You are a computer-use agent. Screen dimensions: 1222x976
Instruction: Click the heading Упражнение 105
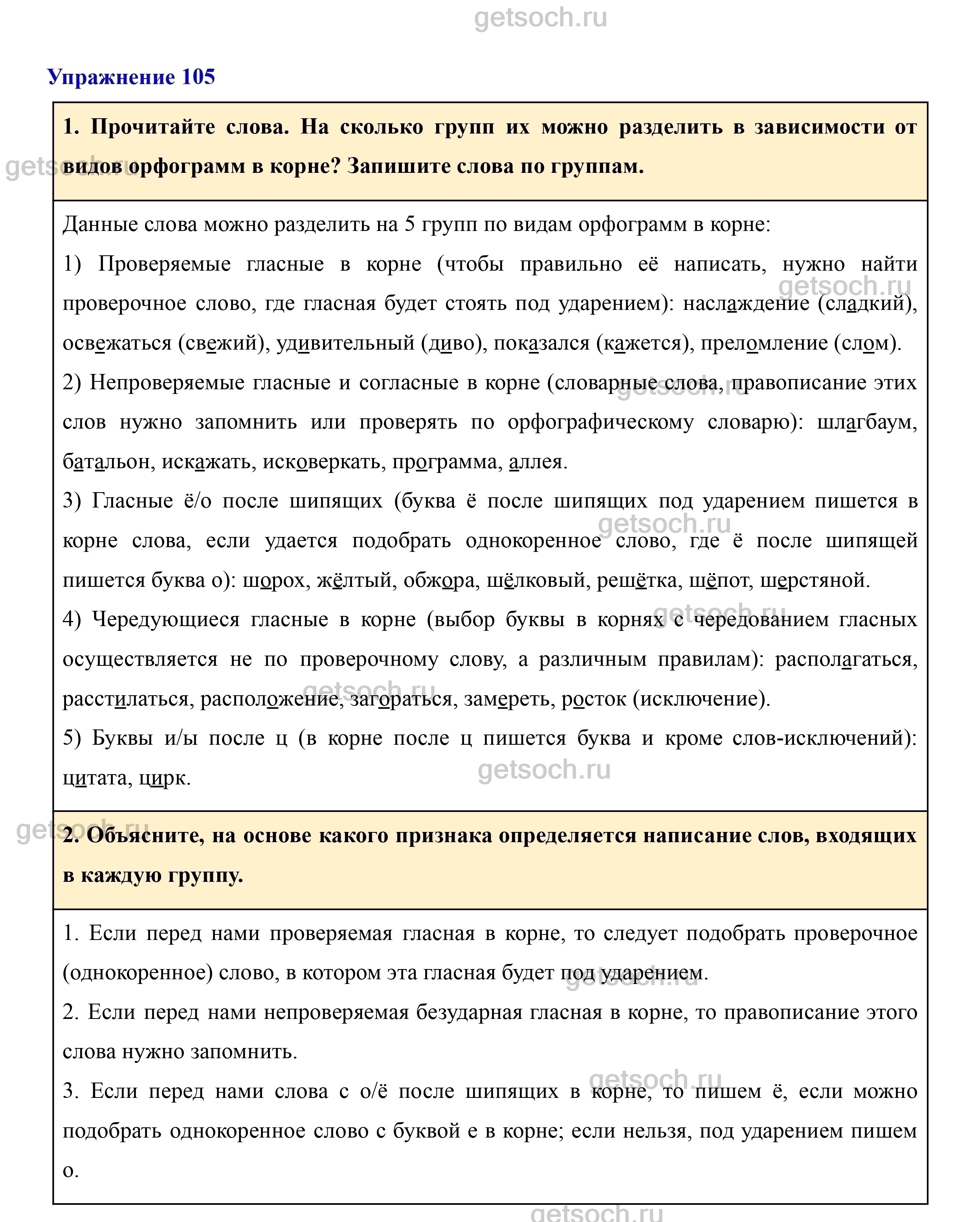click(131, 77)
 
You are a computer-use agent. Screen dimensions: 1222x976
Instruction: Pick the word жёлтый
click(355, 581)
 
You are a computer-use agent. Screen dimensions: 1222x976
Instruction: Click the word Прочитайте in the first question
click(153, 127)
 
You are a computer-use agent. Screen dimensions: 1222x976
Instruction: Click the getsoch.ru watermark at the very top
click(540, 18)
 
